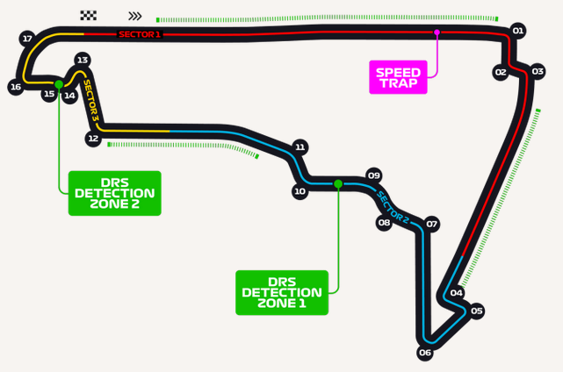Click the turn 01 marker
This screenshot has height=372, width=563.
pyautogui.click(x=517, y=31)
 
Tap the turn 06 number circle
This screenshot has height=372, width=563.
pyautogui.click(x=425, y=353)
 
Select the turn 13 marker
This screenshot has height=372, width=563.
pyautogui.click(x=83, y=60)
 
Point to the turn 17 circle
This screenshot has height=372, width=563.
pyautogui.click(x=27, y=39)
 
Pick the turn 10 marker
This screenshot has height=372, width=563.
pyautogui.click(x=300, y=191)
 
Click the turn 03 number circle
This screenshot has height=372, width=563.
pyautogui.click(x=538, y=71)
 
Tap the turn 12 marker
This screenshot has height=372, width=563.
pyautogui.click(x=93, y=139)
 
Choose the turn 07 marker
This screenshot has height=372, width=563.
pyautogui.click(x=431, y=225)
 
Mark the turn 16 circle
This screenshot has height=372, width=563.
pyautogui.click(x=16, y=87)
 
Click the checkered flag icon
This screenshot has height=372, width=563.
pyautogui.click(x=89, y=16)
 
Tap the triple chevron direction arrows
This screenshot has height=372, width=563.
pyautogui.click(x=135, y=16)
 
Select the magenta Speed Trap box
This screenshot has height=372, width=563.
pyautogui.click(x=398, y=77)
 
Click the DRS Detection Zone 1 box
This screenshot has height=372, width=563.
pyautogui.click(x=282, y=293)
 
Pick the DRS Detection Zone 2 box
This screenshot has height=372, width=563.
pyautogui.click(x=115, y=193)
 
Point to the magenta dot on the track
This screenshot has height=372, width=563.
pyautogui.click(x=437, y=32)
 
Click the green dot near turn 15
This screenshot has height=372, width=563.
pyautogui.click(x=59, y=84)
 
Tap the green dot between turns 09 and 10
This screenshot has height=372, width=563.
pyautogui.click(x=338, y=184)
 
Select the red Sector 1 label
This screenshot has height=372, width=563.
pyautogui.click(x=140, y=34)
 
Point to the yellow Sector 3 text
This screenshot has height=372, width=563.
pyautogui.click(x=90, y=100)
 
